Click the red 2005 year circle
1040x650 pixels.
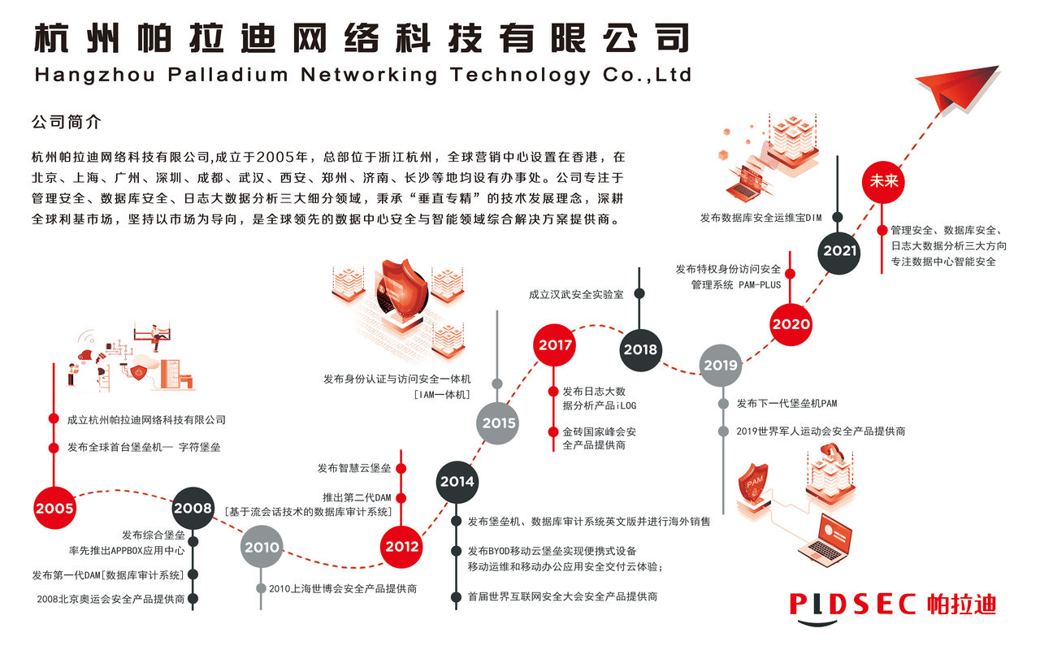[54, 509]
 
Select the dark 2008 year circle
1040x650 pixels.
[193, 509]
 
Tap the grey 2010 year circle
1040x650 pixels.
[262, 547]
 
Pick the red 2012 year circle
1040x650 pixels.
[401, 546]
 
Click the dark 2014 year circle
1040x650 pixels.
[457, 481]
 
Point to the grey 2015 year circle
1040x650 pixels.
[499, 422]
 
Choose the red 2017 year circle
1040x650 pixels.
[555, 344]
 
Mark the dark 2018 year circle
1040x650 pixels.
[640, 349]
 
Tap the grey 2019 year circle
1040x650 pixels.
[721, 365]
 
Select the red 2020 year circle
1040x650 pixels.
[791, 323]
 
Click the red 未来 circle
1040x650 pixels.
[884, 180]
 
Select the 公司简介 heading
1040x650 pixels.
[66, 123]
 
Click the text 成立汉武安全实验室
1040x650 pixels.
[576, 294]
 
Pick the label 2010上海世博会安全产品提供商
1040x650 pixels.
[343, 588]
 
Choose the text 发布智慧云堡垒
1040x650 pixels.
[354, 468]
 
